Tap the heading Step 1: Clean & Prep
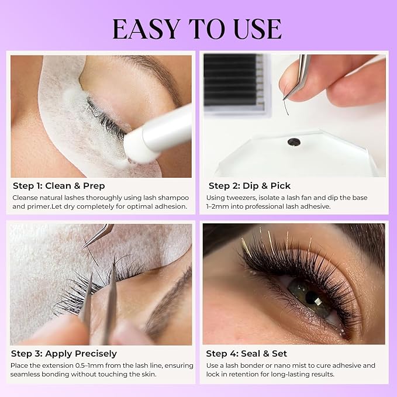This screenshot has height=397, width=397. (x=59, y=186)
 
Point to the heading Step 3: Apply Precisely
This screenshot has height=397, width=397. (x=64, y=354)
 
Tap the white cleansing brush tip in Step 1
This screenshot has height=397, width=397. (x=136, y=145)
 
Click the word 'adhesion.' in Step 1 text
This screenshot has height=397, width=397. (x=171, y=206)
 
